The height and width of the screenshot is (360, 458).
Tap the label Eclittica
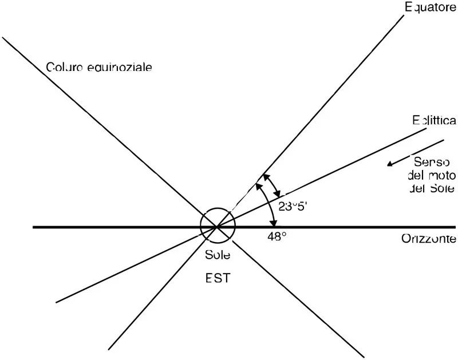click(434, 121)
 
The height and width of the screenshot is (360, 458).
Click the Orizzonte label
click(428, 239)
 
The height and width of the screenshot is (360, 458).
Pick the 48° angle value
click(277, 235)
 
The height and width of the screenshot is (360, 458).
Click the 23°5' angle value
click(294, 207)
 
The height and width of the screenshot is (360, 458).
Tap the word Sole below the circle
click(218, 255)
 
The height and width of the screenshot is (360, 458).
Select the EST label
click(218, 279)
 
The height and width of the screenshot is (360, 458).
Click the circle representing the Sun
click(218, 226)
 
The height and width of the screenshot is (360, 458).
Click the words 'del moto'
click(432, 175)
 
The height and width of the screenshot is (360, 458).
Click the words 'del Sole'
click(432, 188)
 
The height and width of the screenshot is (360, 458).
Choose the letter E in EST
click(209, 279)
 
